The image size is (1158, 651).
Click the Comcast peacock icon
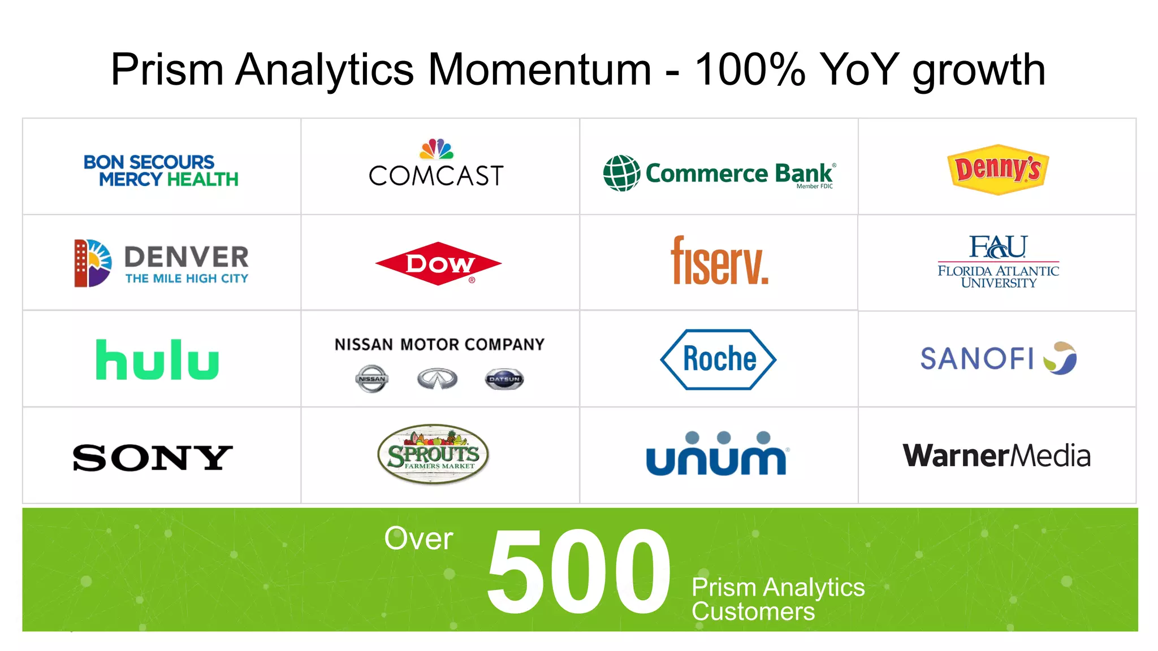click(436, 149)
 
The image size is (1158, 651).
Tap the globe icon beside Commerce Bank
click(621, 173)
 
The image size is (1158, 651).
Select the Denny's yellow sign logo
click(998, 169)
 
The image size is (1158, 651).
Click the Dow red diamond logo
click(438, 264)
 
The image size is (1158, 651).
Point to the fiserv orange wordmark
click(719, 261)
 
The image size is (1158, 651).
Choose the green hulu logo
click(157, 360)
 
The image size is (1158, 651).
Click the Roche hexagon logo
click(718, 359)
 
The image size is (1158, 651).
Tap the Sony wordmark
click(152, 457)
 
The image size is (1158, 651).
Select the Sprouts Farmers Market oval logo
click(433, 454)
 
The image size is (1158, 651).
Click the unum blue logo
click(716, 455)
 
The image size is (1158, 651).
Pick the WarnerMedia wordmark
click(996, 455)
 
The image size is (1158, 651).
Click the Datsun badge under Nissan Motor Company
click(504, 379)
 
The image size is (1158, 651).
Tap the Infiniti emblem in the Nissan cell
click(437, 379)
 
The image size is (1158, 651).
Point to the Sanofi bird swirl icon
click(1060, 358)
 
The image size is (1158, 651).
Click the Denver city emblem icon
click(92, 263)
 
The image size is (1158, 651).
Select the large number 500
click(578, 571)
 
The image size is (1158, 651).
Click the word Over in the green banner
click(418, 539)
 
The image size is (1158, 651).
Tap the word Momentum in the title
click(539, 70)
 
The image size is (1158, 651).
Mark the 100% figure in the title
click(750, 70)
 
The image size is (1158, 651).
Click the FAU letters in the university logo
click(998, 247)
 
